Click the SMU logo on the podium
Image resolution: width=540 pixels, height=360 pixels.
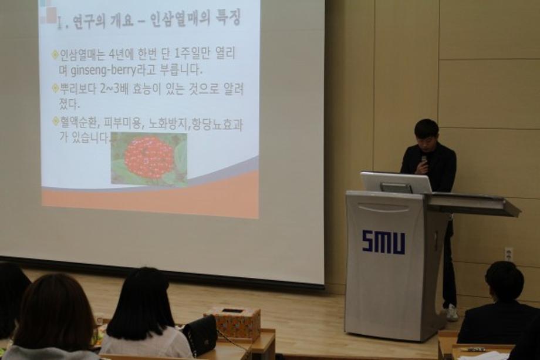[x=383, y=242]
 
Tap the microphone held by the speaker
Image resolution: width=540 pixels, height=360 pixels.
[x=424, y=162]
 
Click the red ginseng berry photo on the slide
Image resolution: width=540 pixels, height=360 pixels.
[x=148, y=159]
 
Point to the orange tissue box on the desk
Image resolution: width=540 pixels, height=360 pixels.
[x=233, y=324]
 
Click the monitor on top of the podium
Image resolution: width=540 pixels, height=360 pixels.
[x=396, y=183]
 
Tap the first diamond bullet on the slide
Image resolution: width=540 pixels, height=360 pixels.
[x=55, y=54]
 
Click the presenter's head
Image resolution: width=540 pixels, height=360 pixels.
[x=426, y=134]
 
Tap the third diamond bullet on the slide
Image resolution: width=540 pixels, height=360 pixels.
[x=55, y=121]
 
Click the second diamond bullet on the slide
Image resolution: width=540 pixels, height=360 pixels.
[x=55, y=88]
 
